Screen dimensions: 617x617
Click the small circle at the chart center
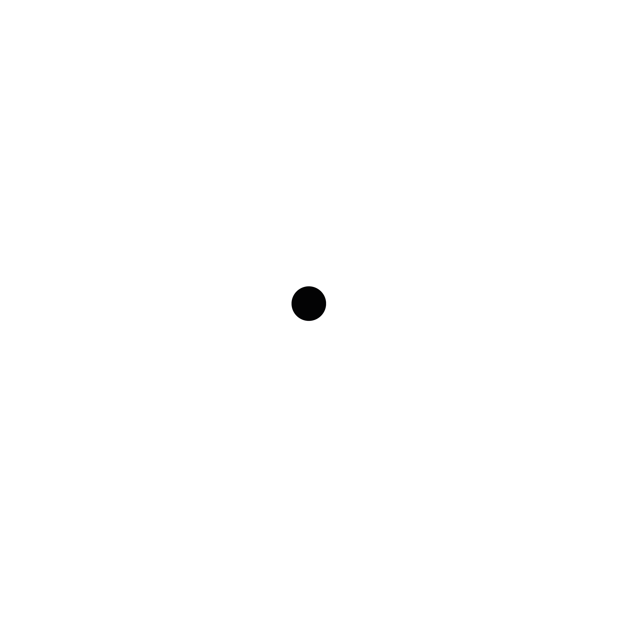308,303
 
